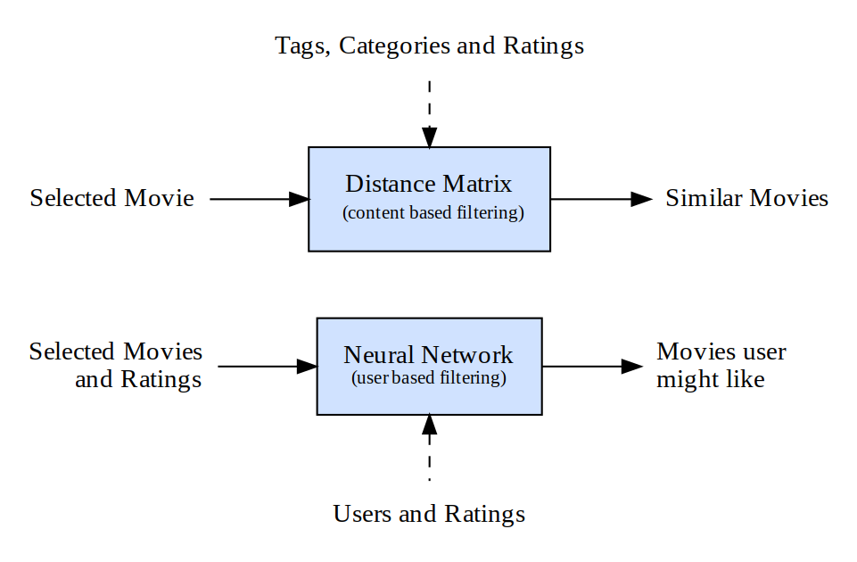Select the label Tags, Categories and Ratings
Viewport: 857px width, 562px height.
coord(429,45)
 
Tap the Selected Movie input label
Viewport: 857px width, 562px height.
coord(111,198)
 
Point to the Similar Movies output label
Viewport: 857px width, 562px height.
coord(746,198)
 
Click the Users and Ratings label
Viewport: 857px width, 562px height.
coord(429,515)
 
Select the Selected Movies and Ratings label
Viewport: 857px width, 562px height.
coord(116,366)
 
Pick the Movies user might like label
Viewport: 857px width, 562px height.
coord(721,366)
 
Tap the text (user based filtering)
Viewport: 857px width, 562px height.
coord(429,378)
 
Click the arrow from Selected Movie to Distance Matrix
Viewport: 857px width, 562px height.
coord(259,200)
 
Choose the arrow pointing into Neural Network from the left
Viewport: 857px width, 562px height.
coord(268,367)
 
